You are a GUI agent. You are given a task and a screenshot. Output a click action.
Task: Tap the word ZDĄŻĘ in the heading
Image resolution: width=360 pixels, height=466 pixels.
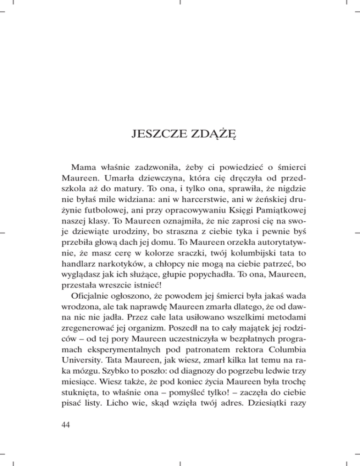(x=208, y=137)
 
